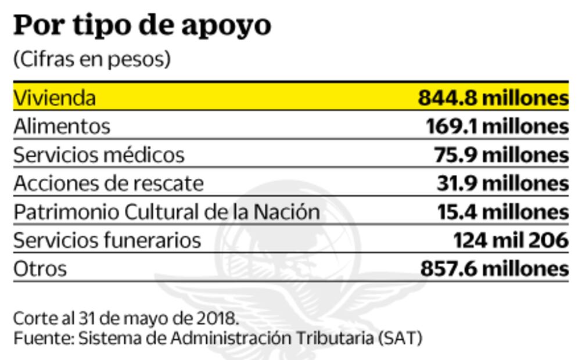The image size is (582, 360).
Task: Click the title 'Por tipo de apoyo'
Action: pos(142,26)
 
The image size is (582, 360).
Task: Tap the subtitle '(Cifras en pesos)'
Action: pos(92,59)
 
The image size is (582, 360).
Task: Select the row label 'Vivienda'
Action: pos(55,98)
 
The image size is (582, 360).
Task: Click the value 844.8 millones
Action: pos(493,98)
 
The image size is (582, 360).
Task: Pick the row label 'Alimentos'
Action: pos(62,126)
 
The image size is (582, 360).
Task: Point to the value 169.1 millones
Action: pos(497,126)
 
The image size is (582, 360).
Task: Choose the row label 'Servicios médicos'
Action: pos(99,154)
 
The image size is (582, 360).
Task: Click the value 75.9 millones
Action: pos(501,154)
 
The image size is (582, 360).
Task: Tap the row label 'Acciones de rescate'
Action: pos(109,183)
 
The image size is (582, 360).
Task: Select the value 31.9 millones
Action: pos(502,183)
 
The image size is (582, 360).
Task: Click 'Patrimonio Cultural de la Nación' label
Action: pos(167,211)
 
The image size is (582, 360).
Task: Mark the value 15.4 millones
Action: pos(502,211)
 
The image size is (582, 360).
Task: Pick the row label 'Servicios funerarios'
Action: pos(107,240)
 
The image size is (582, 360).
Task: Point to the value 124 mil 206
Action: pos(511,240)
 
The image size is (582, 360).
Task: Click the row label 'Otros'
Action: pos(40,268)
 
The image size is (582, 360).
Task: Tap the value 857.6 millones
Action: pos(494,268)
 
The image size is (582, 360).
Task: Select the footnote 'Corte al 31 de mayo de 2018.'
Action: pos(125,318)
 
